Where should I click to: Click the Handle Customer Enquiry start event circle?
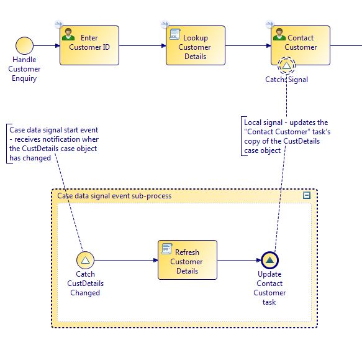click(24, 45)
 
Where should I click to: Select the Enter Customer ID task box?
click(89, 45)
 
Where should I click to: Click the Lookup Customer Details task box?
click(196, 45)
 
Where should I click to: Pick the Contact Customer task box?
click(301, 45)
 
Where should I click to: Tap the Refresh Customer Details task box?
click(188, 260)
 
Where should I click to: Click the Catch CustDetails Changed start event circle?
click(85, 260)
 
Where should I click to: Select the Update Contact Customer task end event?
click(269, 260)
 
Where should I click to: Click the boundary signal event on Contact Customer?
click(286, 65)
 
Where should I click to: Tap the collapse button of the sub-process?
click(307, 195)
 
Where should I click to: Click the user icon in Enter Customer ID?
click(68, 34)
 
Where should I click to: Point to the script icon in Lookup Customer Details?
click(175, 34)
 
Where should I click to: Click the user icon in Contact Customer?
click(279, 34)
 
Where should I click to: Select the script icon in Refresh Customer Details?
click(166, 249)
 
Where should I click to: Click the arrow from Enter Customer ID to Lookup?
click(142, 45)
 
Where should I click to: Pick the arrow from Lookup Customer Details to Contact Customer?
click(248, 45)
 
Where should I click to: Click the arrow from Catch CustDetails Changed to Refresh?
click(126, 260)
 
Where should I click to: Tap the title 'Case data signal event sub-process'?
click(114, 196)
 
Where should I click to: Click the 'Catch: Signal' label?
click(286, 80)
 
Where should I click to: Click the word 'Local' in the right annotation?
click(252, 122)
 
